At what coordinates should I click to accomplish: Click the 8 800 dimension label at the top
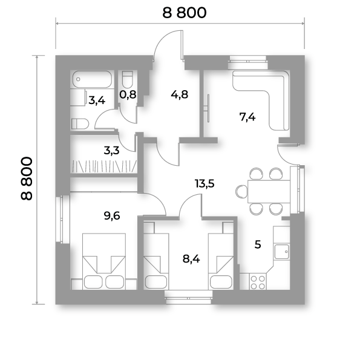185,13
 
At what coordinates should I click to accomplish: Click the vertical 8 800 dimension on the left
27,178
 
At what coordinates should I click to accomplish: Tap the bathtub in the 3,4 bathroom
92,79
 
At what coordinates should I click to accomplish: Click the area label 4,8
180,94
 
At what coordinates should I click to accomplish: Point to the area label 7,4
247,117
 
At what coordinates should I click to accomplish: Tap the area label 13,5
205,184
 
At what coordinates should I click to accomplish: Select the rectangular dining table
269,191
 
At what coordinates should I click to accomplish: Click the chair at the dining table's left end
241,191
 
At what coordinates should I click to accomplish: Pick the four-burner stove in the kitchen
258,282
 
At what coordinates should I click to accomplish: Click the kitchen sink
282,252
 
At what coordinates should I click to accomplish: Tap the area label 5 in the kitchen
258,244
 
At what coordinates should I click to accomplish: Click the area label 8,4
191,259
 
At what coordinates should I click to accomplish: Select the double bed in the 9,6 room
104,261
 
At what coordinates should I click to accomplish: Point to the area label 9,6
112,216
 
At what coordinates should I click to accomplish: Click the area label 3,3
111,151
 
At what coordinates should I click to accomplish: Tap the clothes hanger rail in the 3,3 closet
105,166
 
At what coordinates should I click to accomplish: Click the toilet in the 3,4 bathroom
80,124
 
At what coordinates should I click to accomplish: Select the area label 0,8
128,94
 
